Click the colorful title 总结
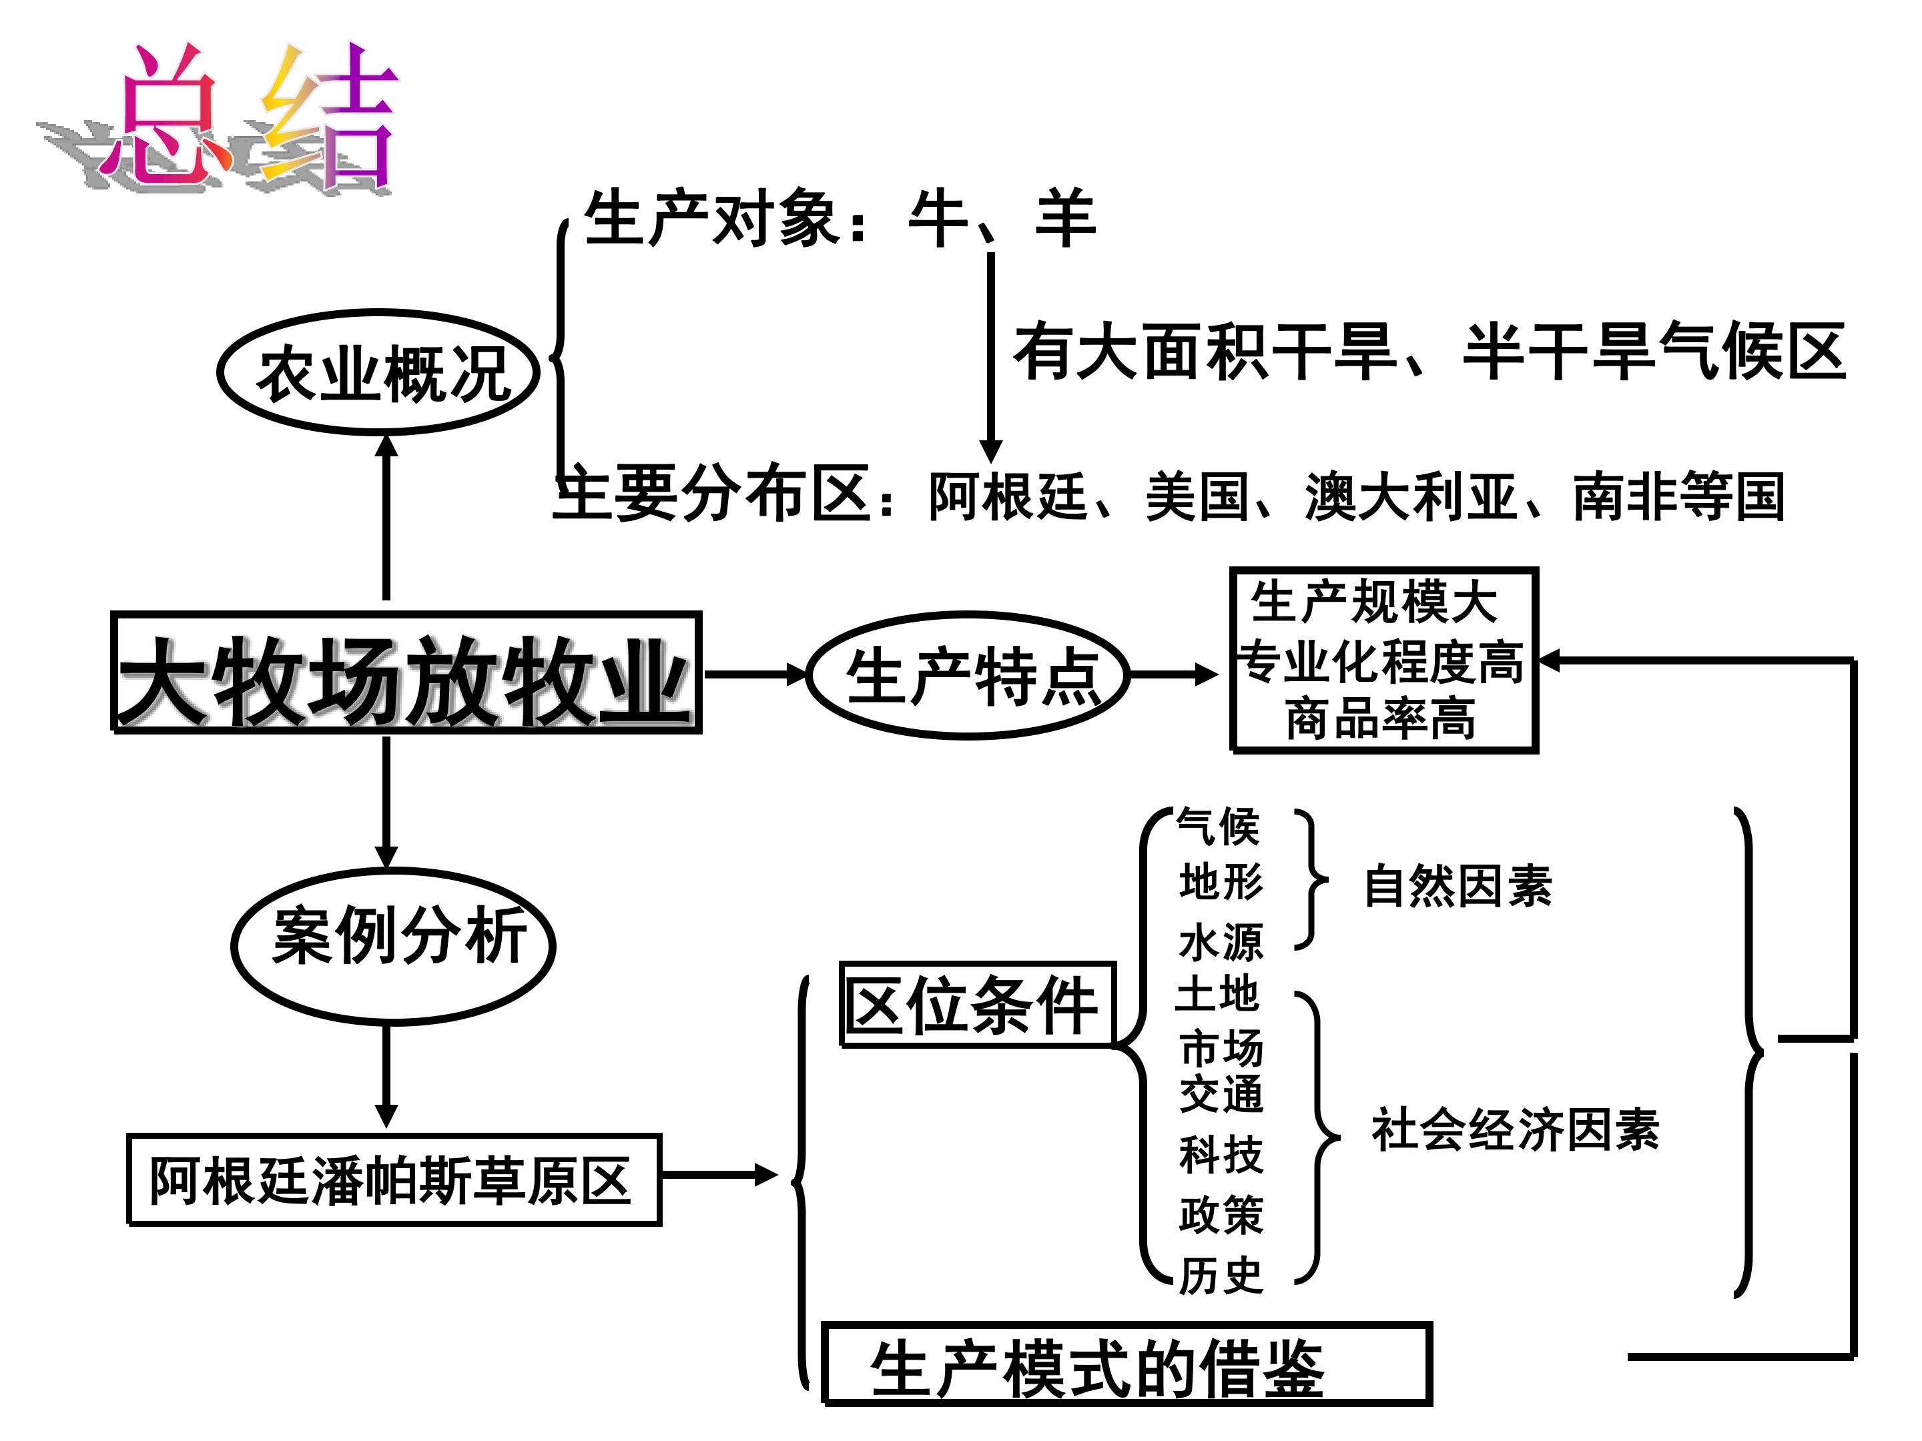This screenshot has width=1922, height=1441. click(x=252, y=117)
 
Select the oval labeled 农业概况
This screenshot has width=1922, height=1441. click(x=379, y=373)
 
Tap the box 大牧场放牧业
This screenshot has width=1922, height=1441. click(x=406, y=673)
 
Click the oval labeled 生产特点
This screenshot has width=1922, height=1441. click(x=968, y=675)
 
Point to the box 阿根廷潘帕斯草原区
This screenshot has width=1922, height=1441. click(x=394, y=1179)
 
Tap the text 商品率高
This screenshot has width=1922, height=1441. click(x=1381, y=718)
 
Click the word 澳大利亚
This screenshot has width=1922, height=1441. click(x=1411, y=497)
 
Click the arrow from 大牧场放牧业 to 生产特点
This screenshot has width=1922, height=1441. click(x=754, y=674)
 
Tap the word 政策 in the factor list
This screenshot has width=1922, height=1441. click(x=1221, y=1214)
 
